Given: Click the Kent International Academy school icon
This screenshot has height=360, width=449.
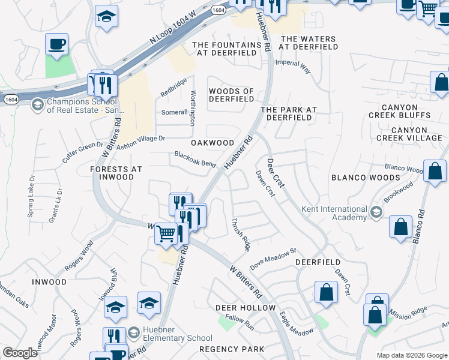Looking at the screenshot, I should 376,212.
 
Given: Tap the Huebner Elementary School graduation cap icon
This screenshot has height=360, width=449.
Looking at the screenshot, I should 133,332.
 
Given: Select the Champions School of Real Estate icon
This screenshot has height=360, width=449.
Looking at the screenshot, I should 37,105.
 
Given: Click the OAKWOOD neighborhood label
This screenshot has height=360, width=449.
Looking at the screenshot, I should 212,143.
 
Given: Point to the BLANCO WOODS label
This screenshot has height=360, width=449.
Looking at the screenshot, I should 366,178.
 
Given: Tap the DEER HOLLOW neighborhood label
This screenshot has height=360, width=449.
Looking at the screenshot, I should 245,308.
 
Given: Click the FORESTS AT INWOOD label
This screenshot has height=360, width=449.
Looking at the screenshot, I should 116,173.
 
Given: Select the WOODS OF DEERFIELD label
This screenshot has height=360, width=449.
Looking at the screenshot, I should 231,95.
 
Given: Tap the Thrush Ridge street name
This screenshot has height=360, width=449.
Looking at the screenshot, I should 241,234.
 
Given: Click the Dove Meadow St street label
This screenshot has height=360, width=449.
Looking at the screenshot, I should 274,259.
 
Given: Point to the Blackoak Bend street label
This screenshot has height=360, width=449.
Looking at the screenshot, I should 195,160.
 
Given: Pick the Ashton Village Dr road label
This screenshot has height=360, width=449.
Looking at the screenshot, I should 140,142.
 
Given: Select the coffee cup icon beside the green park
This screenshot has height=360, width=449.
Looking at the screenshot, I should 56,44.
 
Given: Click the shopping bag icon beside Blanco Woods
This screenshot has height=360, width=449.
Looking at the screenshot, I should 435,170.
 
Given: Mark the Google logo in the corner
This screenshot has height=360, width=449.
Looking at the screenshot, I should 20,353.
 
